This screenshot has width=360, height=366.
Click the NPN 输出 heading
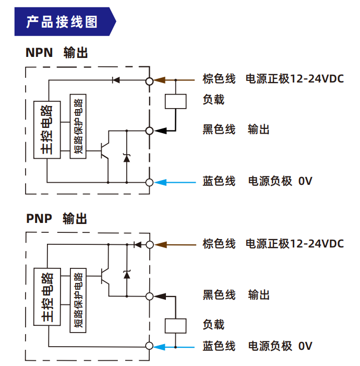coord(56,53)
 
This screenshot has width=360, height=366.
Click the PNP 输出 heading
coord(56,218)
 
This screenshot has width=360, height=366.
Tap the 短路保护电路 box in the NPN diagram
coord(78,128)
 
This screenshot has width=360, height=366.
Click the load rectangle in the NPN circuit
coord(176,101)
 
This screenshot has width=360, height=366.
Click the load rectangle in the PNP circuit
coord(175,325)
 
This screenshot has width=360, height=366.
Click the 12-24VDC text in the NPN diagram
coord(316,80)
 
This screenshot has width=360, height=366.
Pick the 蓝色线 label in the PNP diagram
coord(219,346)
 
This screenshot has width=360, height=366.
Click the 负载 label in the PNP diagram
coord(213,325)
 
